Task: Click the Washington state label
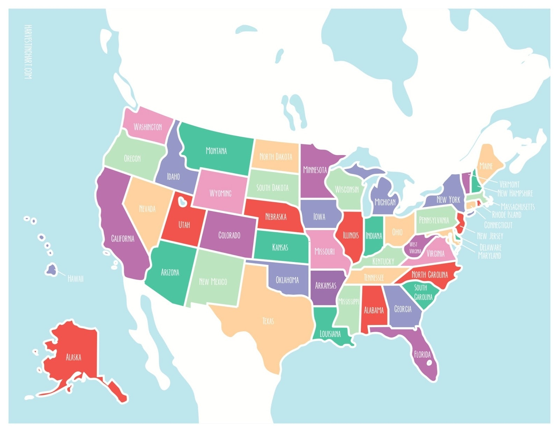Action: pos(148,127)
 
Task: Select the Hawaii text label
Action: pos(75,279)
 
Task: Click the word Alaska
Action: pos(73,357)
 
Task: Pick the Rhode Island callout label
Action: pos(506,215)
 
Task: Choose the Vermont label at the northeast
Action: pos(509,184)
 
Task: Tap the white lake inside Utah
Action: pos(182,202)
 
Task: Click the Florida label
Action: pos(422,354)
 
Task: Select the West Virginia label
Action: pos(415,248)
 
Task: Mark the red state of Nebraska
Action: pos(276,217)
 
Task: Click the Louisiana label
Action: pos(330,334)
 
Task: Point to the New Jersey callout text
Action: pos(490,236)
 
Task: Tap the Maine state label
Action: pos(486,166)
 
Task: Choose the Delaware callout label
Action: pos(490,248)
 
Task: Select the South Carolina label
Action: pos(423,292)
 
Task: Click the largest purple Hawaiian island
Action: pos(52,270)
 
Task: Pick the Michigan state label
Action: pos(385,202)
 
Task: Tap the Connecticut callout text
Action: pos(498,225)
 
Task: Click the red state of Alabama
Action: pos(373,310)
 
